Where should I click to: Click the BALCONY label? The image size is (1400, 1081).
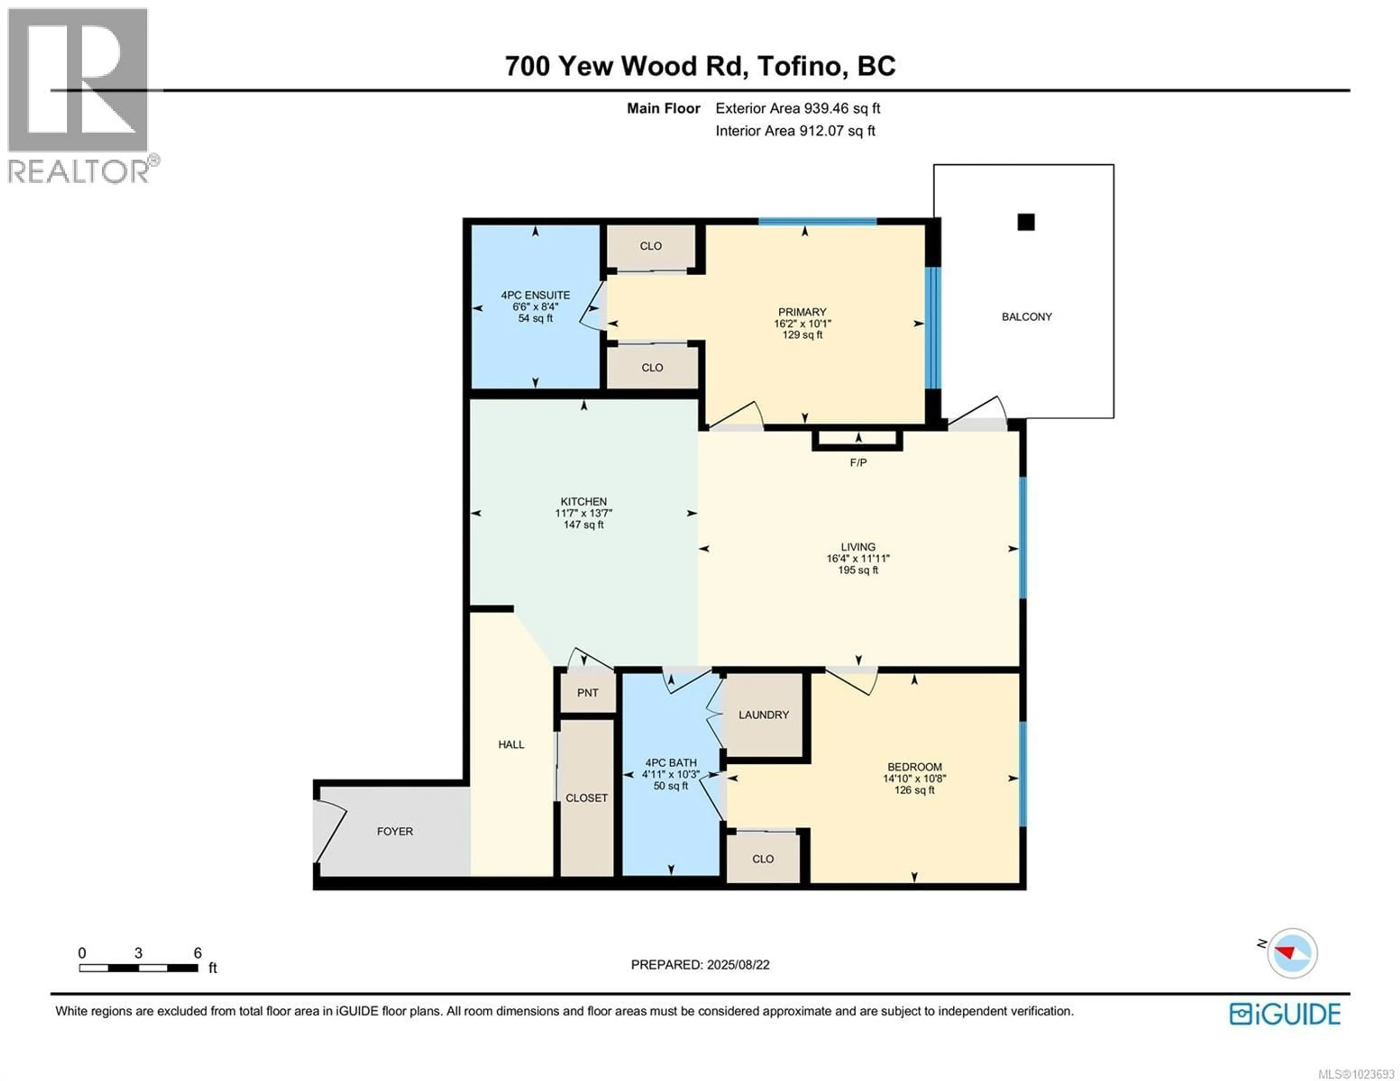click(x=1026, y=317)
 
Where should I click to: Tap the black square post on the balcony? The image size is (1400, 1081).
click(x=1026, y=222)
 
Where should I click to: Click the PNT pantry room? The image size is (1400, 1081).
click(x=587, y=693)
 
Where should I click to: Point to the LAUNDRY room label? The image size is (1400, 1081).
click(x=763, y=714)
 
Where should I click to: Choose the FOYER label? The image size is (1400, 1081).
click(x=395, y=831)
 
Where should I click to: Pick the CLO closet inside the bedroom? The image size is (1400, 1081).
click(x=762, y=859)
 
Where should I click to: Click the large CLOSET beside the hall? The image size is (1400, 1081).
click(x=586, y=798)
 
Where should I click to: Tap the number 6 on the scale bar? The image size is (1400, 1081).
click(x=198, y=953)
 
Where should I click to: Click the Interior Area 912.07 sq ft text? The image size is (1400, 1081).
click(x=795, y=131)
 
